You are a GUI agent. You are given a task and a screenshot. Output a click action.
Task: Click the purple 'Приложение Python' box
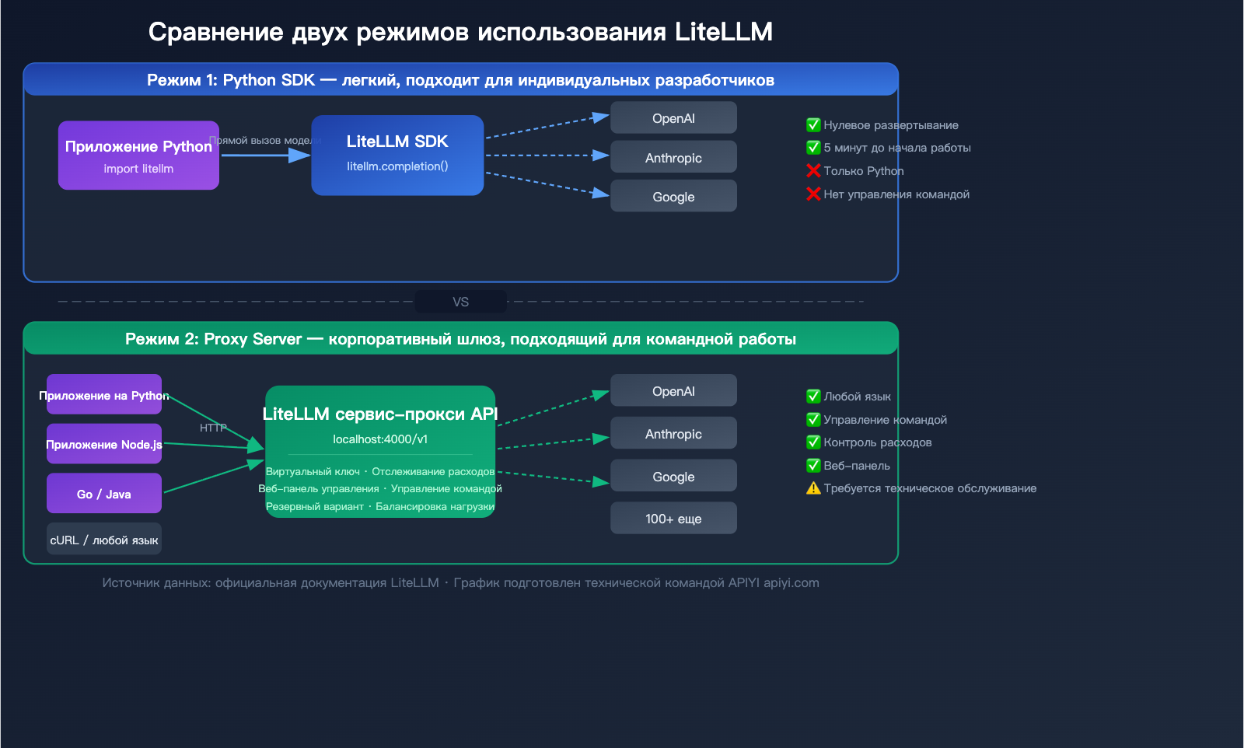click(138, 156)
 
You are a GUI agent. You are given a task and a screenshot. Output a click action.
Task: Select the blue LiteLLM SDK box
click(397, 156)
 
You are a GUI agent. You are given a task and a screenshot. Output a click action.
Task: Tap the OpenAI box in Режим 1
click(673, 118)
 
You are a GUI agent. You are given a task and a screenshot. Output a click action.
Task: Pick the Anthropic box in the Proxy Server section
click(673, 433)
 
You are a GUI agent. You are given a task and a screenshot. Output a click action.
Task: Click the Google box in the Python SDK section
click(673, 196)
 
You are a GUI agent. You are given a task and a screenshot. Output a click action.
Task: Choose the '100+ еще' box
click(673, 518)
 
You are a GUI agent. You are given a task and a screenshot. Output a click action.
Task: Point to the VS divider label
click(461, 302)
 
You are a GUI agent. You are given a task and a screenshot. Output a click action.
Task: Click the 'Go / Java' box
click(104, 494)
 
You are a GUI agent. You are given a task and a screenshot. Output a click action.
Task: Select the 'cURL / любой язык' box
click(104, 540)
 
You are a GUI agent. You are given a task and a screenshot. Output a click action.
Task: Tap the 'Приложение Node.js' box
click(104, 444)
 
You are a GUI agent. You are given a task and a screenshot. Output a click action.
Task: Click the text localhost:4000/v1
click(380, 439)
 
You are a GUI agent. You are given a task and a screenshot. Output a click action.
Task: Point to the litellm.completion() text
click(397, 166)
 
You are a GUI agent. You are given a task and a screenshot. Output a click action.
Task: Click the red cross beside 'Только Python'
click(813, 170)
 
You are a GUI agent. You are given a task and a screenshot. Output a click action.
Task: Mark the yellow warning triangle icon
click(813, 488)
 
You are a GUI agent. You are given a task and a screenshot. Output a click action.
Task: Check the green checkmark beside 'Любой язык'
click(813, 397)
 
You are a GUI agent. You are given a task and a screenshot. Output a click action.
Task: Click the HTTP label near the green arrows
click(213, 428)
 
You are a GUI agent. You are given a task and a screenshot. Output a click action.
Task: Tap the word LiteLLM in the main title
click(723, 32)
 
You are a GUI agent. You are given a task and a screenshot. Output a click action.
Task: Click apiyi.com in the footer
click(791, 582)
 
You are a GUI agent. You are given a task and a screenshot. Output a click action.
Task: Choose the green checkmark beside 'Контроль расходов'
click(813, 442)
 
